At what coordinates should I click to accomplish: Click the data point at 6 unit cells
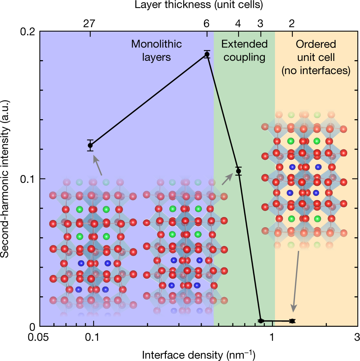[x=207, y=55]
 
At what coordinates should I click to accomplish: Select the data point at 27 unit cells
[x=90, y=145]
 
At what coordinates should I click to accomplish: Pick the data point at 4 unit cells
[x=238, y=171]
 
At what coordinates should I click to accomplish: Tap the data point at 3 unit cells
[x=261, y=321]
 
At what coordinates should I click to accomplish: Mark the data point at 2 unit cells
[x=292, y=321]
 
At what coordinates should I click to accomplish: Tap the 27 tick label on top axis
[x=90, y=24]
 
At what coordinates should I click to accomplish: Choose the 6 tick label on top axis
[x=207, y=24]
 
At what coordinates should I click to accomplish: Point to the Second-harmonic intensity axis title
[x=6, y=179]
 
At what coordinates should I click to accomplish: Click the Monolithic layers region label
[x=156, y=50]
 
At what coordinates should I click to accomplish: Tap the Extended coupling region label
[x=244, y=50]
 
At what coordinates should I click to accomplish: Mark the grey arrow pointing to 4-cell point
[x=227, y=179]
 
